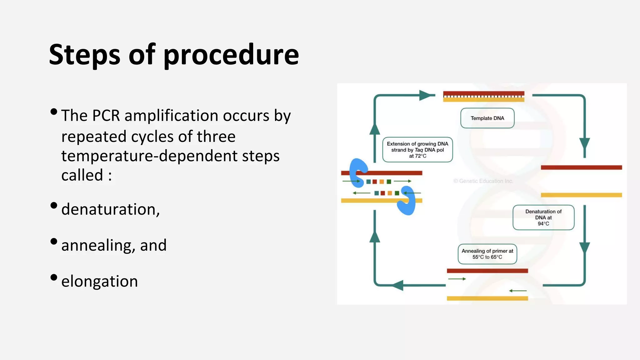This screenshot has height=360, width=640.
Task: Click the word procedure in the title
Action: pyautogui.click(x=231, y=55)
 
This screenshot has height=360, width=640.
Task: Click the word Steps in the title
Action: pyautogui.click(x=84, y=55)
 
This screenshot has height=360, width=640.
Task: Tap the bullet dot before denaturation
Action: pyautogui.click(x=54, y=205)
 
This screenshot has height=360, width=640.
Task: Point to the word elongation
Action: pyautogui.click(x=99, y=281)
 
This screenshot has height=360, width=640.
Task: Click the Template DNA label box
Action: pyautogui.click(x=487, y=118)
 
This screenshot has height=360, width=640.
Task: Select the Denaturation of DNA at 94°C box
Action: pyautogui.click(x=543, y=217)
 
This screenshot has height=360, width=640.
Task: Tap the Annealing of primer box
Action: pyautogui.click(x=487, y=254)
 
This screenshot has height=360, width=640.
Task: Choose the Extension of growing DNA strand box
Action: pyautogui.click(x=417, y=150)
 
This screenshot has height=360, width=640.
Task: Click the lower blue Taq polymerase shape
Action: pyautogui.click(x=407, y=201)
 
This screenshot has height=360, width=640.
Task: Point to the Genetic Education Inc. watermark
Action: pyautogui.click(x=483, y=181)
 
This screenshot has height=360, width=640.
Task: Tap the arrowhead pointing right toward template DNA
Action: pyautogui.click(x=426, y=95)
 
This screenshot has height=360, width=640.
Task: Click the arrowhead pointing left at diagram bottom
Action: pyautogui.click(x=397, y=285)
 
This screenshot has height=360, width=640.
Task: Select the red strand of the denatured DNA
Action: pyautogui.click(x=581, y=167)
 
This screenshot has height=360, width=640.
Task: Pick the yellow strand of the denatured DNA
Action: pyautogui.click(x=581, y=195)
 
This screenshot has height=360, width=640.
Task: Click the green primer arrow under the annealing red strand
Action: pyautogui.click(x=457, y=279)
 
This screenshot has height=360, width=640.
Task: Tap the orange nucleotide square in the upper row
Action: pyautogui.click(x=382, y=182)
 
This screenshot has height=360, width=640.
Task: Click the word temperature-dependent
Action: pyautogui.click(x=170, y=156)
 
